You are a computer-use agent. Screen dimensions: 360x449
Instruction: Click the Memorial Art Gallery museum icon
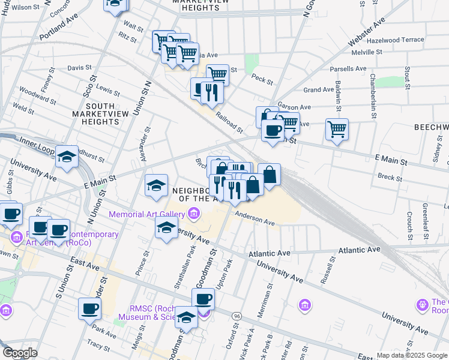coord(194,214)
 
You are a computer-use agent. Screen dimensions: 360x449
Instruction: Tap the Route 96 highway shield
coord(238,314)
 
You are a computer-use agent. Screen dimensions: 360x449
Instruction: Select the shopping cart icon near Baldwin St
coord(337,129)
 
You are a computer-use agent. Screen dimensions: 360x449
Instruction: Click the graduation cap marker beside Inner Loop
coord(67,157)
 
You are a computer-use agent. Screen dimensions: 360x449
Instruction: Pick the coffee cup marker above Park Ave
coord(89,308)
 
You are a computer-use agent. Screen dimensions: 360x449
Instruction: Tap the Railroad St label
coord(229,122)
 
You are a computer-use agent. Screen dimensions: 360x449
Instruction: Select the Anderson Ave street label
coord(255,218)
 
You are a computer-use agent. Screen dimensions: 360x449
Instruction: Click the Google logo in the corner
coord(20,353)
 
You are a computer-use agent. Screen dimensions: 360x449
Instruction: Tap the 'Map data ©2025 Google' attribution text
coord(412,355)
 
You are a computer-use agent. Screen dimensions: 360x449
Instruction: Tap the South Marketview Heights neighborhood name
coord(95,113)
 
